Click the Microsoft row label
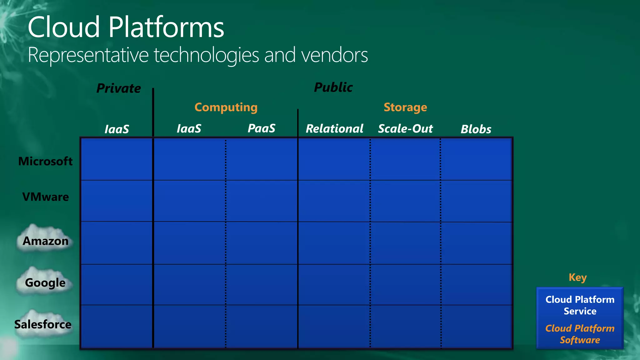[45, 161]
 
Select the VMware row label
[46, 197]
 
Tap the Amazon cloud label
[46, 241]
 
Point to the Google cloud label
[45, 282]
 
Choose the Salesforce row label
[43, 324]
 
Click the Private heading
[119, 88]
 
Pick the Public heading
[333, 87]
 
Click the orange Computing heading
[226, 107]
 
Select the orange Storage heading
[405, 107]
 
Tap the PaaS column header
[262, 128]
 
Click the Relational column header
[334, 129]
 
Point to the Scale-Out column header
[405, 129]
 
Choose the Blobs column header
[476, 129]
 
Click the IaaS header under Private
[117, 129]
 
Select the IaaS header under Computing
[189, 128]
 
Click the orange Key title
[577, 277]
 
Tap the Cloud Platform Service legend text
[580, 305]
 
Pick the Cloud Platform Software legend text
[580, 334]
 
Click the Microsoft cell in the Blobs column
[476, 159]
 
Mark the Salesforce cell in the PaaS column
[262, 326]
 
